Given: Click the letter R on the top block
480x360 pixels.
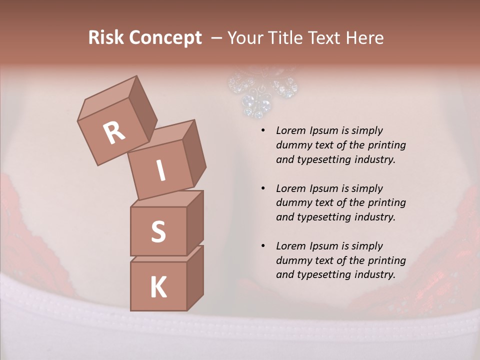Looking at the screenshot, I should (114, 132).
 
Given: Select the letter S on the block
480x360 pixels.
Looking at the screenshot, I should (158, 231).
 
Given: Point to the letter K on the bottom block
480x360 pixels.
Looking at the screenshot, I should (158, 287).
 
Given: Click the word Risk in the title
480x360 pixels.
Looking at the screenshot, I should (105, 37).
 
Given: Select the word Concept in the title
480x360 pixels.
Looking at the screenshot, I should (164, 38).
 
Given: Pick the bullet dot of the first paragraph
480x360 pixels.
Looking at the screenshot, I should (262, 131).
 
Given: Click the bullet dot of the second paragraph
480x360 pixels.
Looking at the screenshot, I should (262, 189).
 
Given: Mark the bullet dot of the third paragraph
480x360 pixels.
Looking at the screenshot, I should (262, 246).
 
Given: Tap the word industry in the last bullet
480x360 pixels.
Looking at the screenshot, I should (373, 274).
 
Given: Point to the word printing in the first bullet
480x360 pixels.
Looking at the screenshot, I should (387, 145).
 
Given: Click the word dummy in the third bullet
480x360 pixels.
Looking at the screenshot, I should (292, 260).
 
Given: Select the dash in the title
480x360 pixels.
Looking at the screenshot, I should (216, 38).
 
